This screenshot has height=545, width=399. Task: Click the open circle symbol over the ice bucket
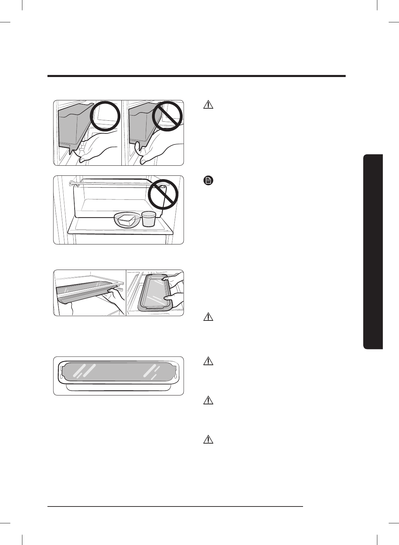point(105,116)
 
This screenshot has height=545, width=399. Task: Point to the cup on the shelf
point(149,219)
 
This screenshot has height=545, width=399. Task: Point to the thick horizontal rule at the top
point(196,76)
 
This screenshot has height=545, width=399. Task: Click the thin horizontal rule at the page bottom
point(175,506)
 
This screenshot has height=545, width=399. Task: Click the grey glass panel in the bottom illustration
point(118,373)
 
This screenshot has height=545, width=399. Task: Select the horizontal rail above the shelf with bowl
point(110,183)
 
